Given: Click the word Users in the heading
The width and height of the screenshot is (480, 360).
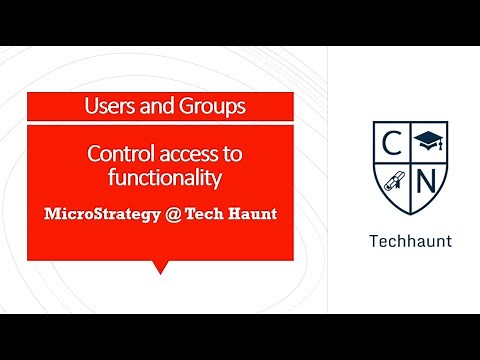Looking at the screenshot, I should point(106,104).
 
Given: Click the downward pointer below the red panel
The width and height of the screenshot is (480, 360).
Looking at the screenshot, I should point(159,267).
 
